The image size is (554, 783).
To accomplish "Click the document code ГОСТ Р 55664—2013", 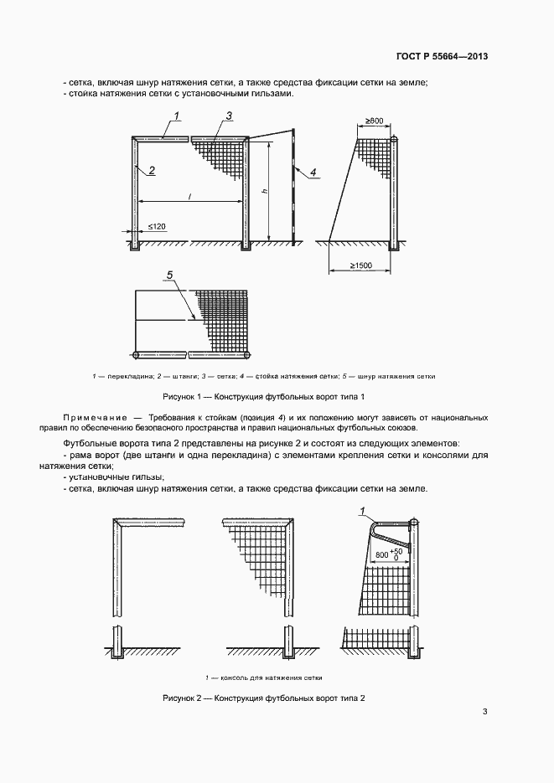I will (x=442, y=57).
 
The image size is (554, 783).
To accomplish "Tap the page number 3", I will (x=485, y=712).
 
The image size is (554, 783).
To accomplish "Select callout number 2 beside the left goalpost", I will (x=152, y=170).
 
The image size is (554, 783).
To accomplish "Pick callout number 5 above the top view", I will (x=170, y=275).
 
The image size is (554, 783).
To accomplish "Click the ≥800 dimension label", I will (x=374, y=121).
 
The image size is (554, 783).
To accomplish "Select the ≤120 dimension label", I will (x=157, y=226).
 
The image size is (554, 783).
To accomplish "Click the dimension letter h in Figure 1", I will (x=264, y=192).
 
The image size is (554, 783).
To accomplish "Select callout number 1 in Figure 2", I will (x=362, y=510).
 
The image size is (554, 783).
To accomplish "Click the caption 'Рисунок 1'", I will (x=182, y=396).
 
